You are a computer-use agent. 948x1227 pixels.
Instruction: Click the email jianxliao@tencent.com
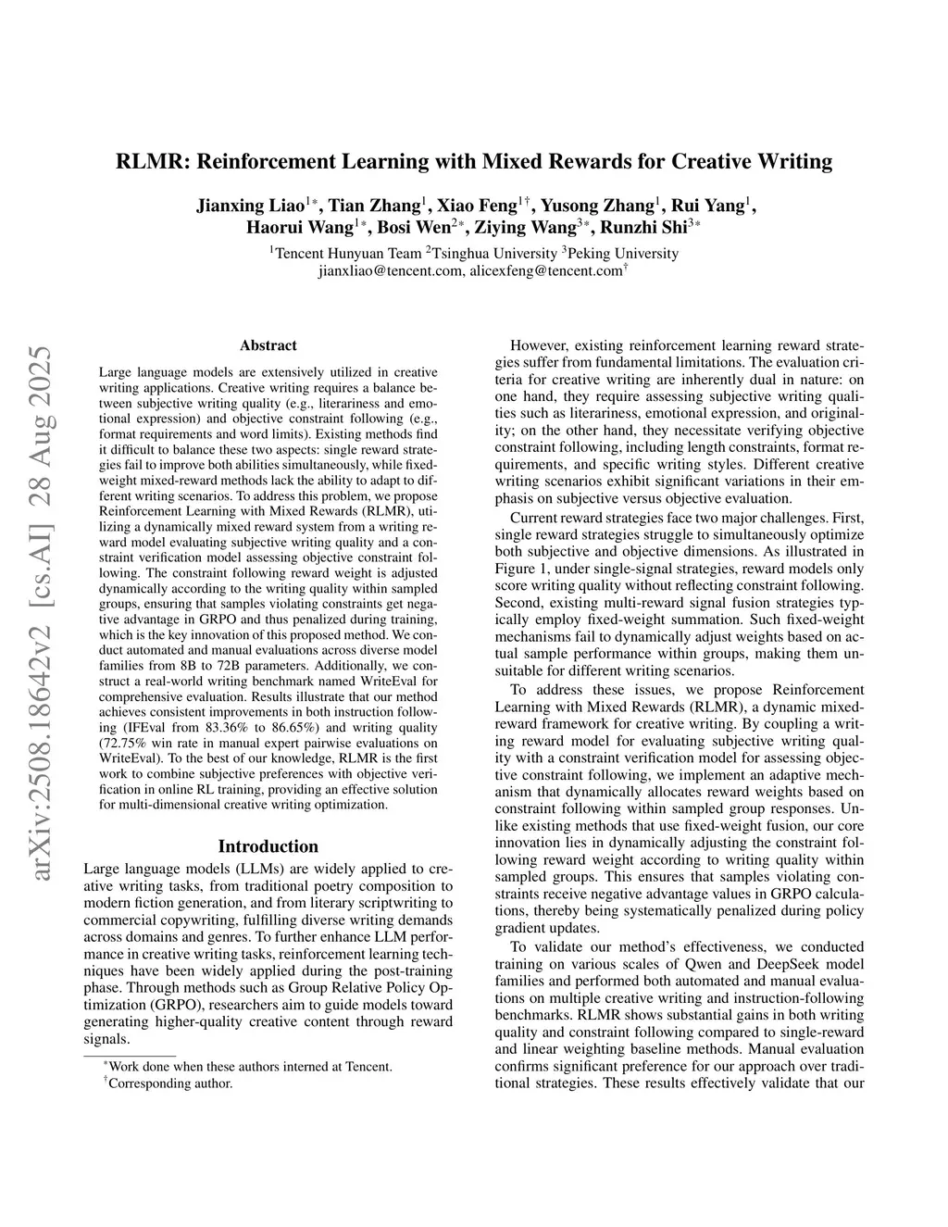tap(390, 271)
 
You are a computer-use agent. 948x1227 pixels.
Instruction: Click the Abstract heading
tap(268, 345)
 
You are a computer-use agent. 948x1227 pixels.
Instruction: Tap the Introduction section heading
tap(268, 846)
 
